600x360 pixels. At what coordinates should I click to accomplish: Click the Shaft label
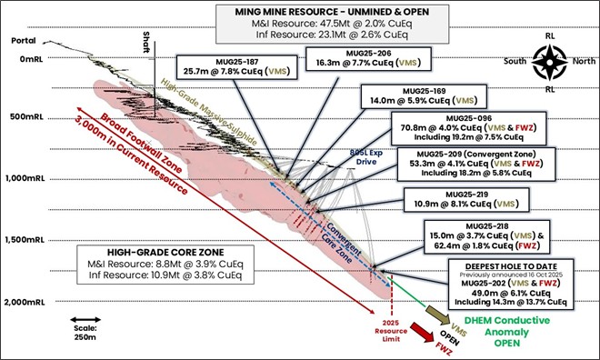click(145, 42)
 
